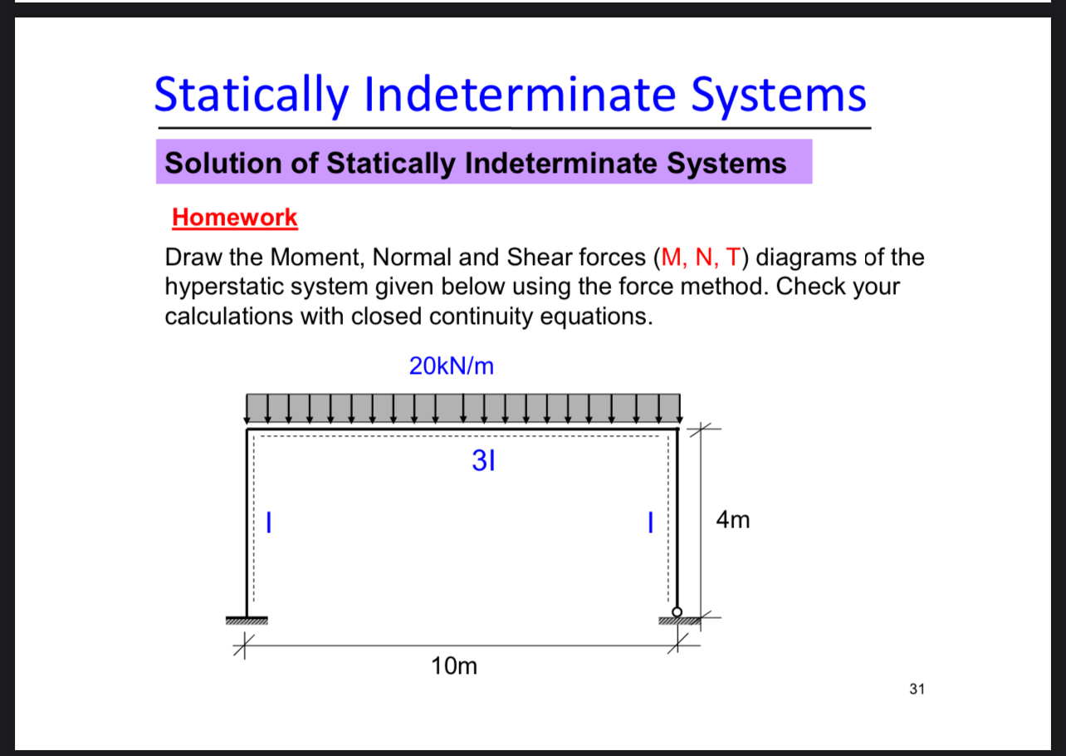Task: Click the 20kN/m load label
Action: (x=452, y=366)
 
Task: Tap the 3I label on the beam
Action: (x=482, y=461)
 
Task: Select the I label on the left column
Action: (x=268, y=522)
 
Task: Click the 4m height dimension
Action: (x=732, y=521)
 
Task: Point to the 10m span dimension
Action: (x=455, y=665)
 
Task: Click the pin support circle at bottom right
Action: (x=677, y=612)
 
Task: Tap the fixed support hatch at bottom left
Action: (x=247, y=621)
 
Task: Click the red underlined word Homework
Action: (x=234, y=218)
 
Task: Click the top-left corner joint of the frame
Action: (x=247, y=430)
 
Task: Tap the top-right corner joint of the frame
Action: (x=677, y=430)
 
